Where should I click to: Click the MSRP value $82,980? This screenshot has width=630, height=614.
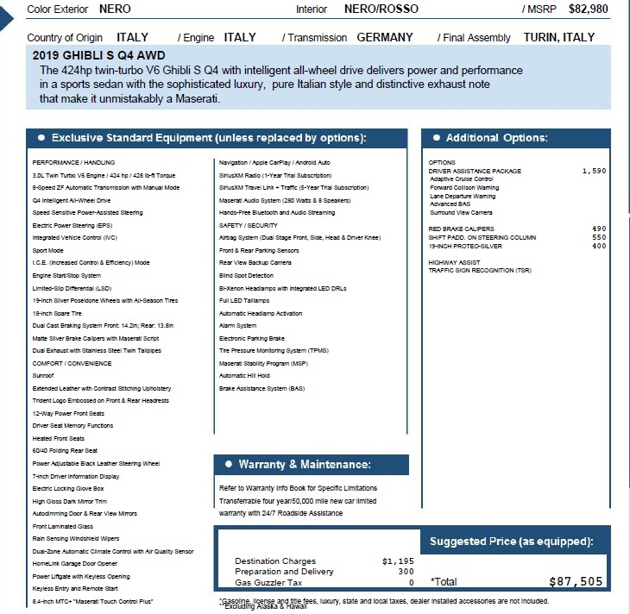click(589, 9)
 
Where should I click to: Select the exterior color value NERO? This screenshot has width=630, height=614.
click(116, 9)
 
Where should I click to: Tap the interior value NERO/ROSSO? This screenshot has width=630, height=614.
click(381, 9)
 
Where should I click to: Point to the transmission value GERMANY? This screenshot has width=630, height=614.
click(384, 38)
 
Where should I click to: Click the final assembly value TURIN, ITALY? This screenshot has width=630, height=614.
click(558, 38)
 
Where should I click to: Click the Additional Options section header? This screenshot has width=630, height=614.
click(496, 138)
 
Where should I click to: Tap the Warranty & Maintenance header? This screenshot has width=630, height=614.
click(304, 465)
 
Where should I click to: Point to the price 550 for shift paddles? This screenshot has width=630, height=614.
click(599, 237)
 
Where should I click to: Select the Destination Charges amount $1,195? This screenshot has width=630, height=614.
click(397, 561)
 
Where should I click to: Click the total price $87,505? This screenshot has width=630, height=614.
click(576, 582)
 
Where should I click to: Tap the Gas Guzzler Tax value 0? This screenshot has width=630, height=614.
click(412, 582)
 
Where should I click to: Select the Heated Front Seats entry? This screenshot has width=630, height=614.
click(58, 438)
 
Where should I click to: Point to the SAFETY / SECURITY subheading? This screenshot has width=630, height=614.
click(249, 225)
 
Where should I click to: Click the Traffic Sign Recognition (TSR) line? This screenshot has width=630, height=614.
click(480, 271)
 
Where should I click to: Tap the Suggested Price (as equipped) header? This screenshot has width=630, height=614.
click(512, 542)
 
